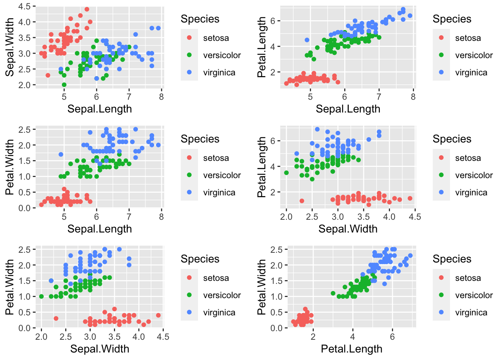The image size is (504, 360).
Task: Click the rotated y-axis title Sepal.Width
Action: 10,47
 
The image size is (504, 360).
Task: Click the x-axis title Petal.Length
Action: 351,349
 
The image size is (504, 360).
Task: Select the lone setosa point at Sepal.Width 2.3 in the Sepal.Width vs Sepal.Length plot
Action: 48,75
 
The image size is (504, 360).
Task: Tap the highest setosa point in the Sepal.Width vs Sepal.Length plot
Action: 87,9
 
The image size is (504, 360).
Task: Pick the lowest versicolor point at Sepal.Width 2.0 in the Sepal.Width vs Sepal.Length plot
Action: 64,85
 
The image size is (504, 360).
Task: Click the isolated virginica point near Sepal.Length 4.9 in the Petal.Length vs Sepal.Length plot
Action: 307,40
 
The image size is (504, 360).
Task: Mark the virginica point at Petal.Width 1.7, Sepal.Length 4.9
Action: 61,154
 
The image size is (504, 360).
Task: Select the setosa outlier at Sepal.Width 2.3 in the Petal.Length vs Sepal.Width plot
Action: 302,201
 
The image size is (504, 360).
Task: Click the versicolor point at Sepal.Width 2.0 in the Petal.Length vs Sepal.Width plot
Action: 286,173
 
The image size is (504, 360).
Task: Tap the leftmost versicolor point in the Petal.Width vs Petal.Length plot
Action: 333,293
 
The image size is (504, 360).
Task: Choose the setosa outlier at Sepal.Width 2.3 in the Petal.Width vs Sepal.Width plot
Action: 56,318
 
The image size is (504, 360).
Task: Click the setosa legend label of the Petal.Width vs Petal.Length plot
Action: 468,278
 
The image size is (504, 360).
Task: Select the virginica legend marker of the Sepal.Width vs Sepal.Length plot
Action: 189,72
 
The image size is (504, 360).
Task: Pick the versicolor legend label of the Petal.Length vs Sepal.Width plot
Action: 474,175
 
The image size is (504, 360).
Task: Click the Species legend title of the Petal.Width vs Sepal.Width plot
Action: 200,259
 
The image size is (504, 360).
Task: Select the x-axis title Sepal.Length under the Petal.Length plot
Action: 348,109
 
